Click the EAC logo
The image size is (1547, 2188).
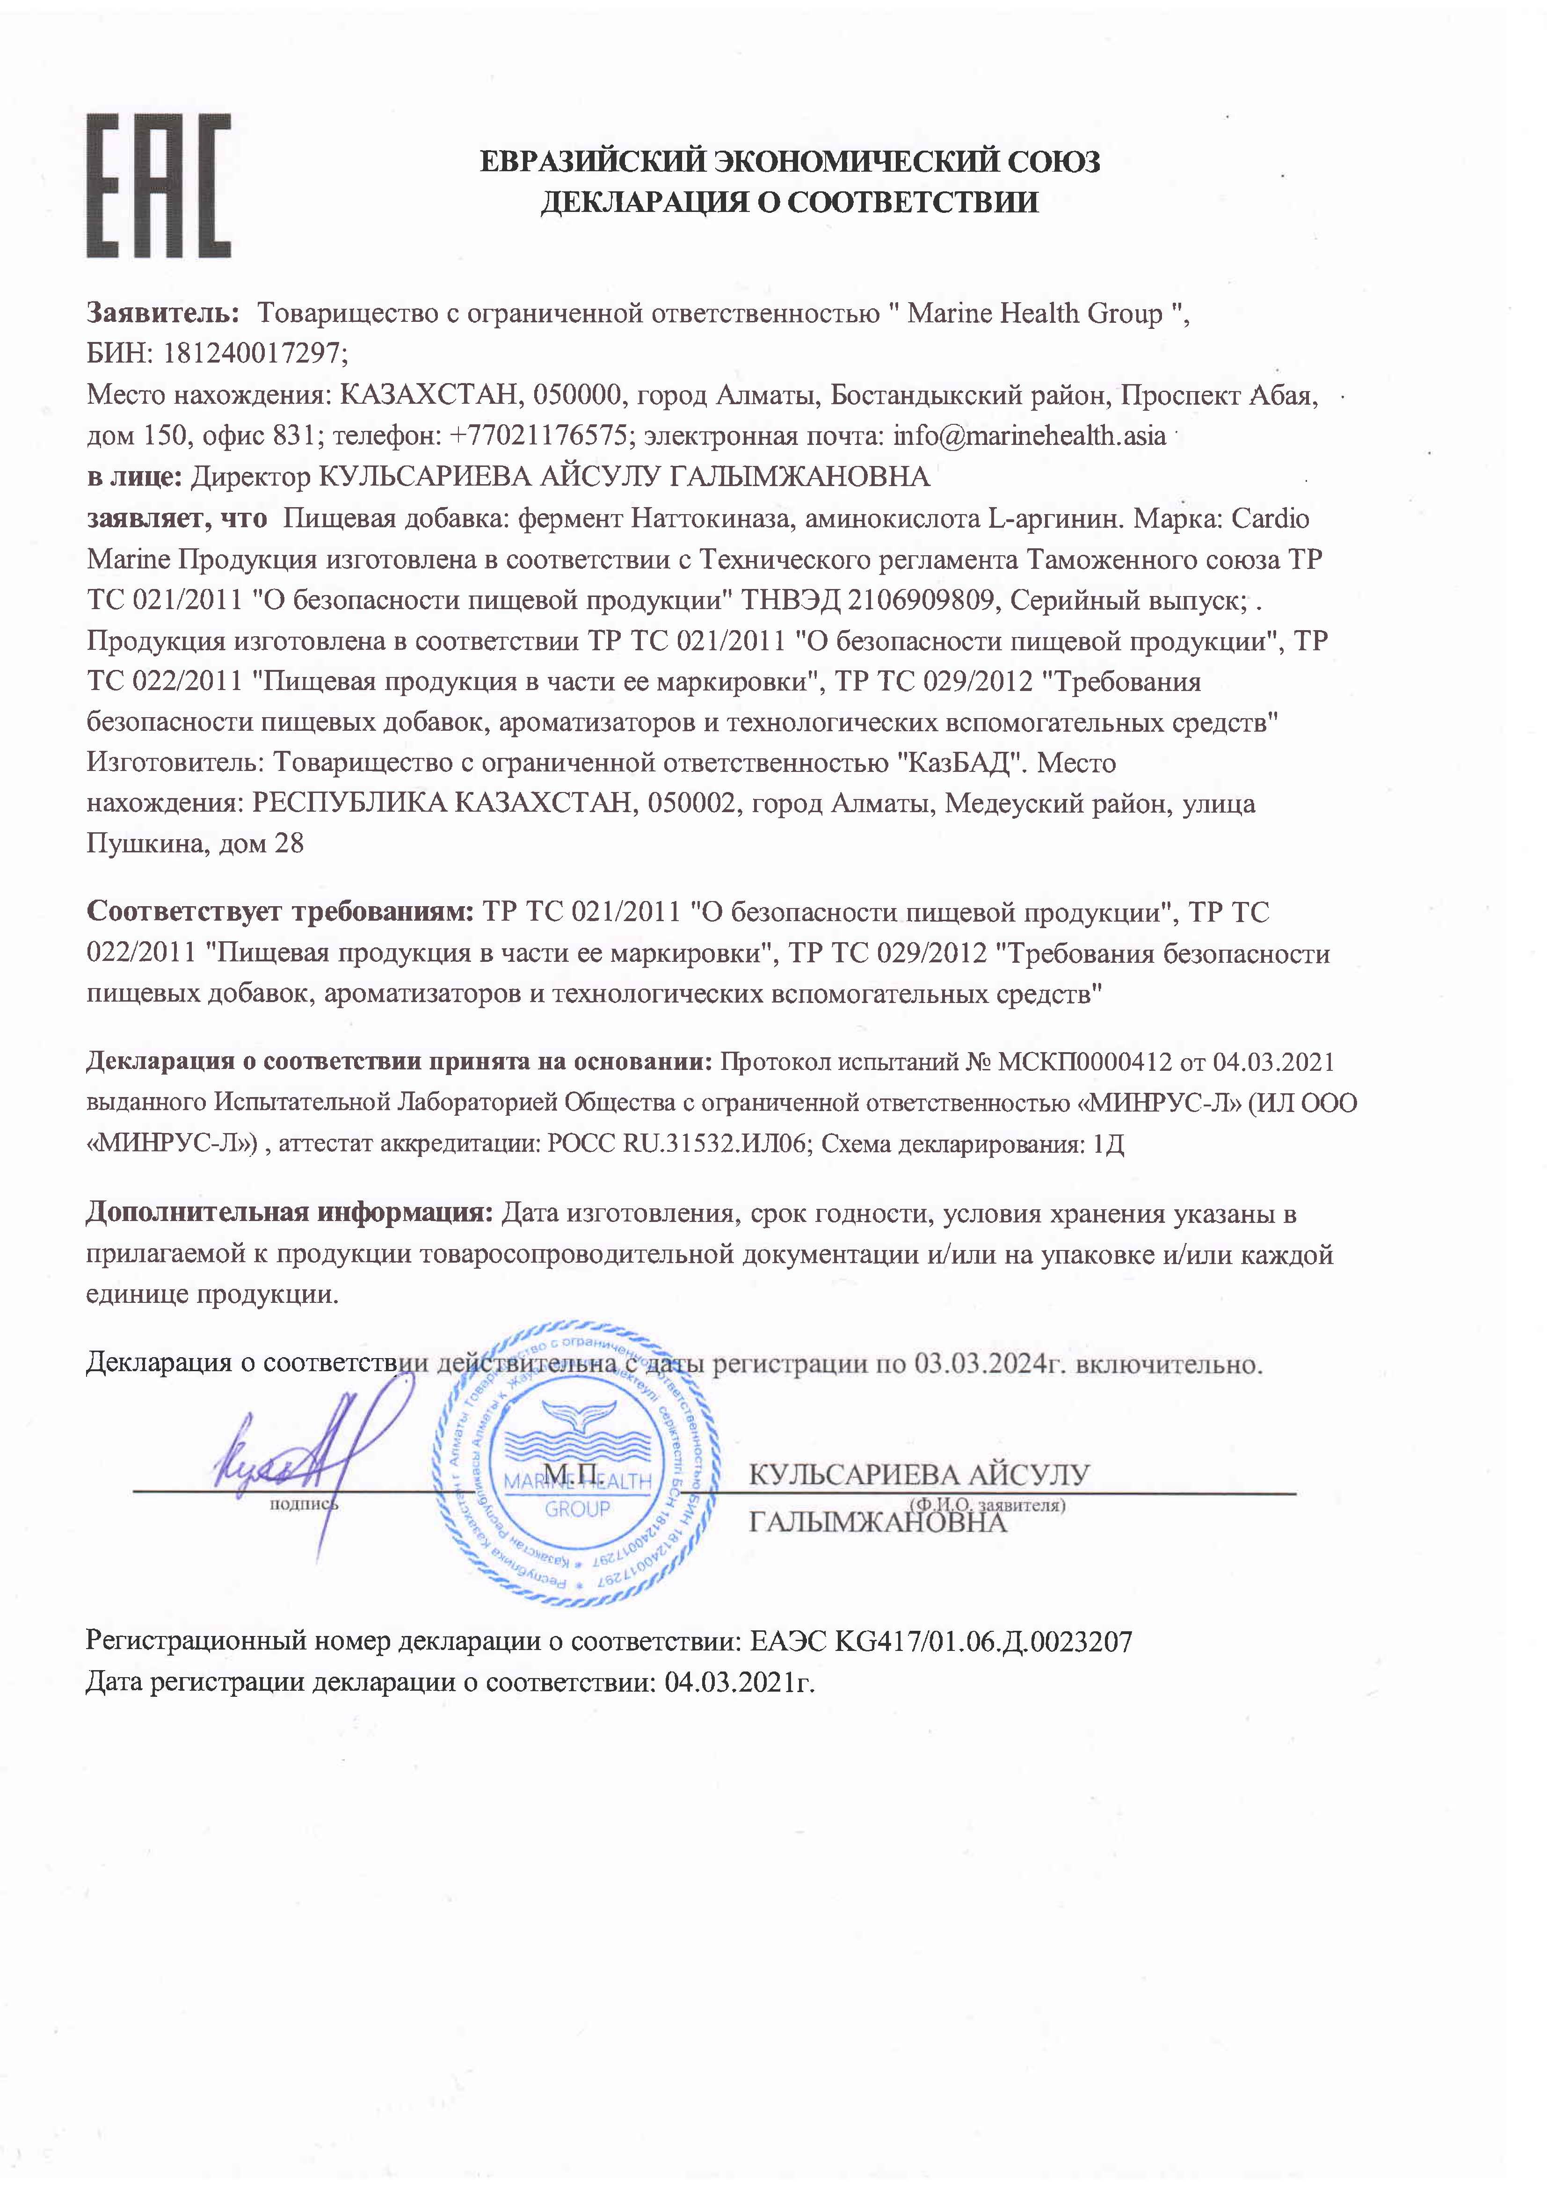click(158, 186)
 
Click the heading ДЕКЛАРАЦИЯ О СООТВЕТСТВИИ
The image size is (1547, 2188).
click(789, 202)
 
